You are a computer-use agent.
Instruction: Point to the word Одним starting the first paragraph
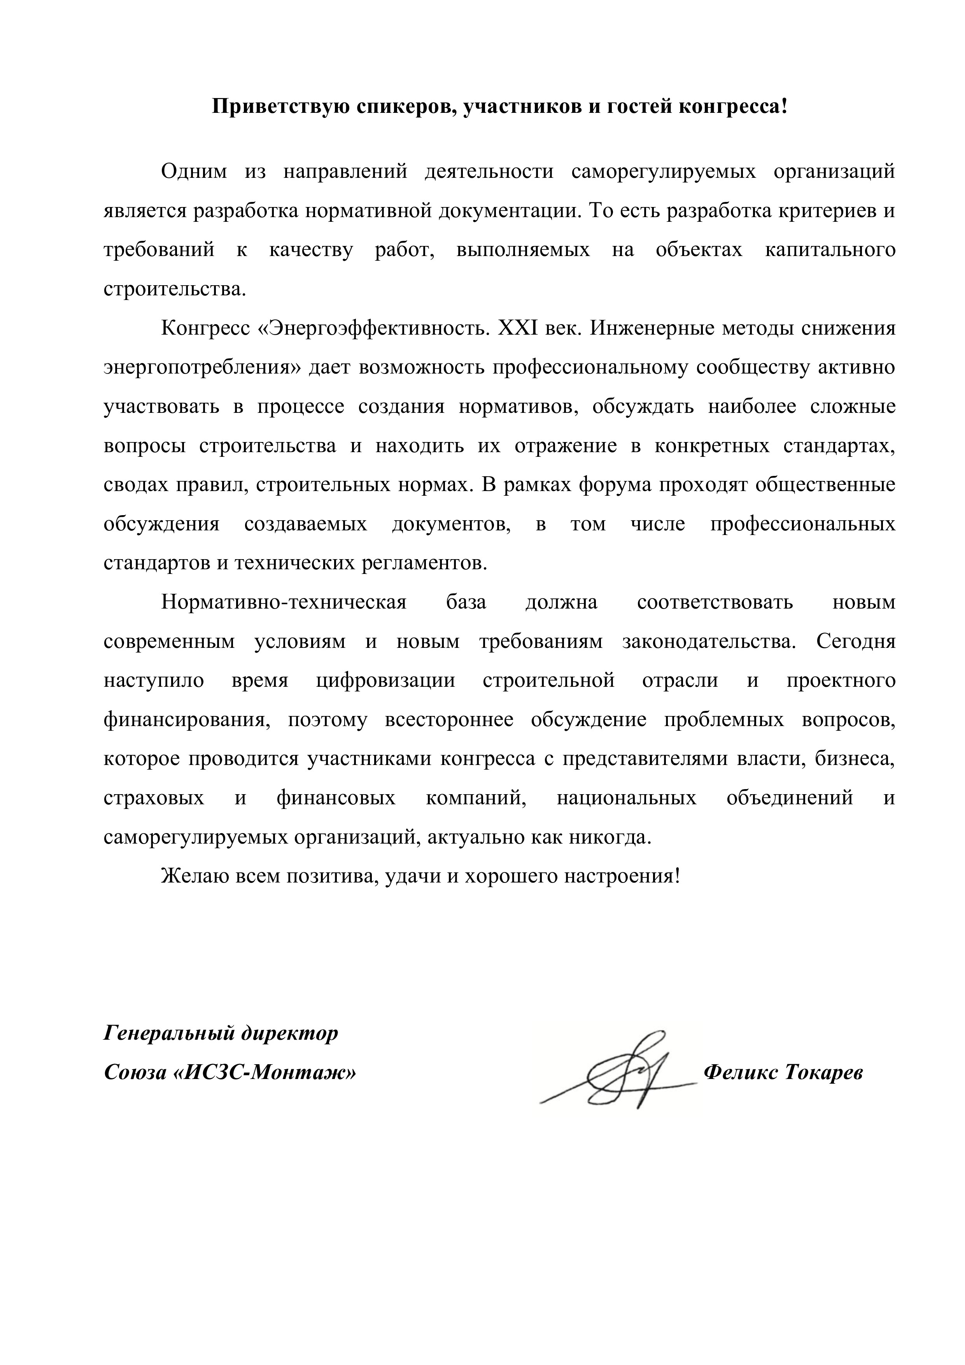click(194, 172)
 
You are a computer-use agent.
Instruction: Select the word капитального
click(830, 250)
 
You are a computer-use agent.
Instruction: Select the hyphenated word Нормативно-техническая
click(284, 602)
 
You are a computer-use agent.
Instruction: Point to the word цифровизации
click(386, 680)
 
